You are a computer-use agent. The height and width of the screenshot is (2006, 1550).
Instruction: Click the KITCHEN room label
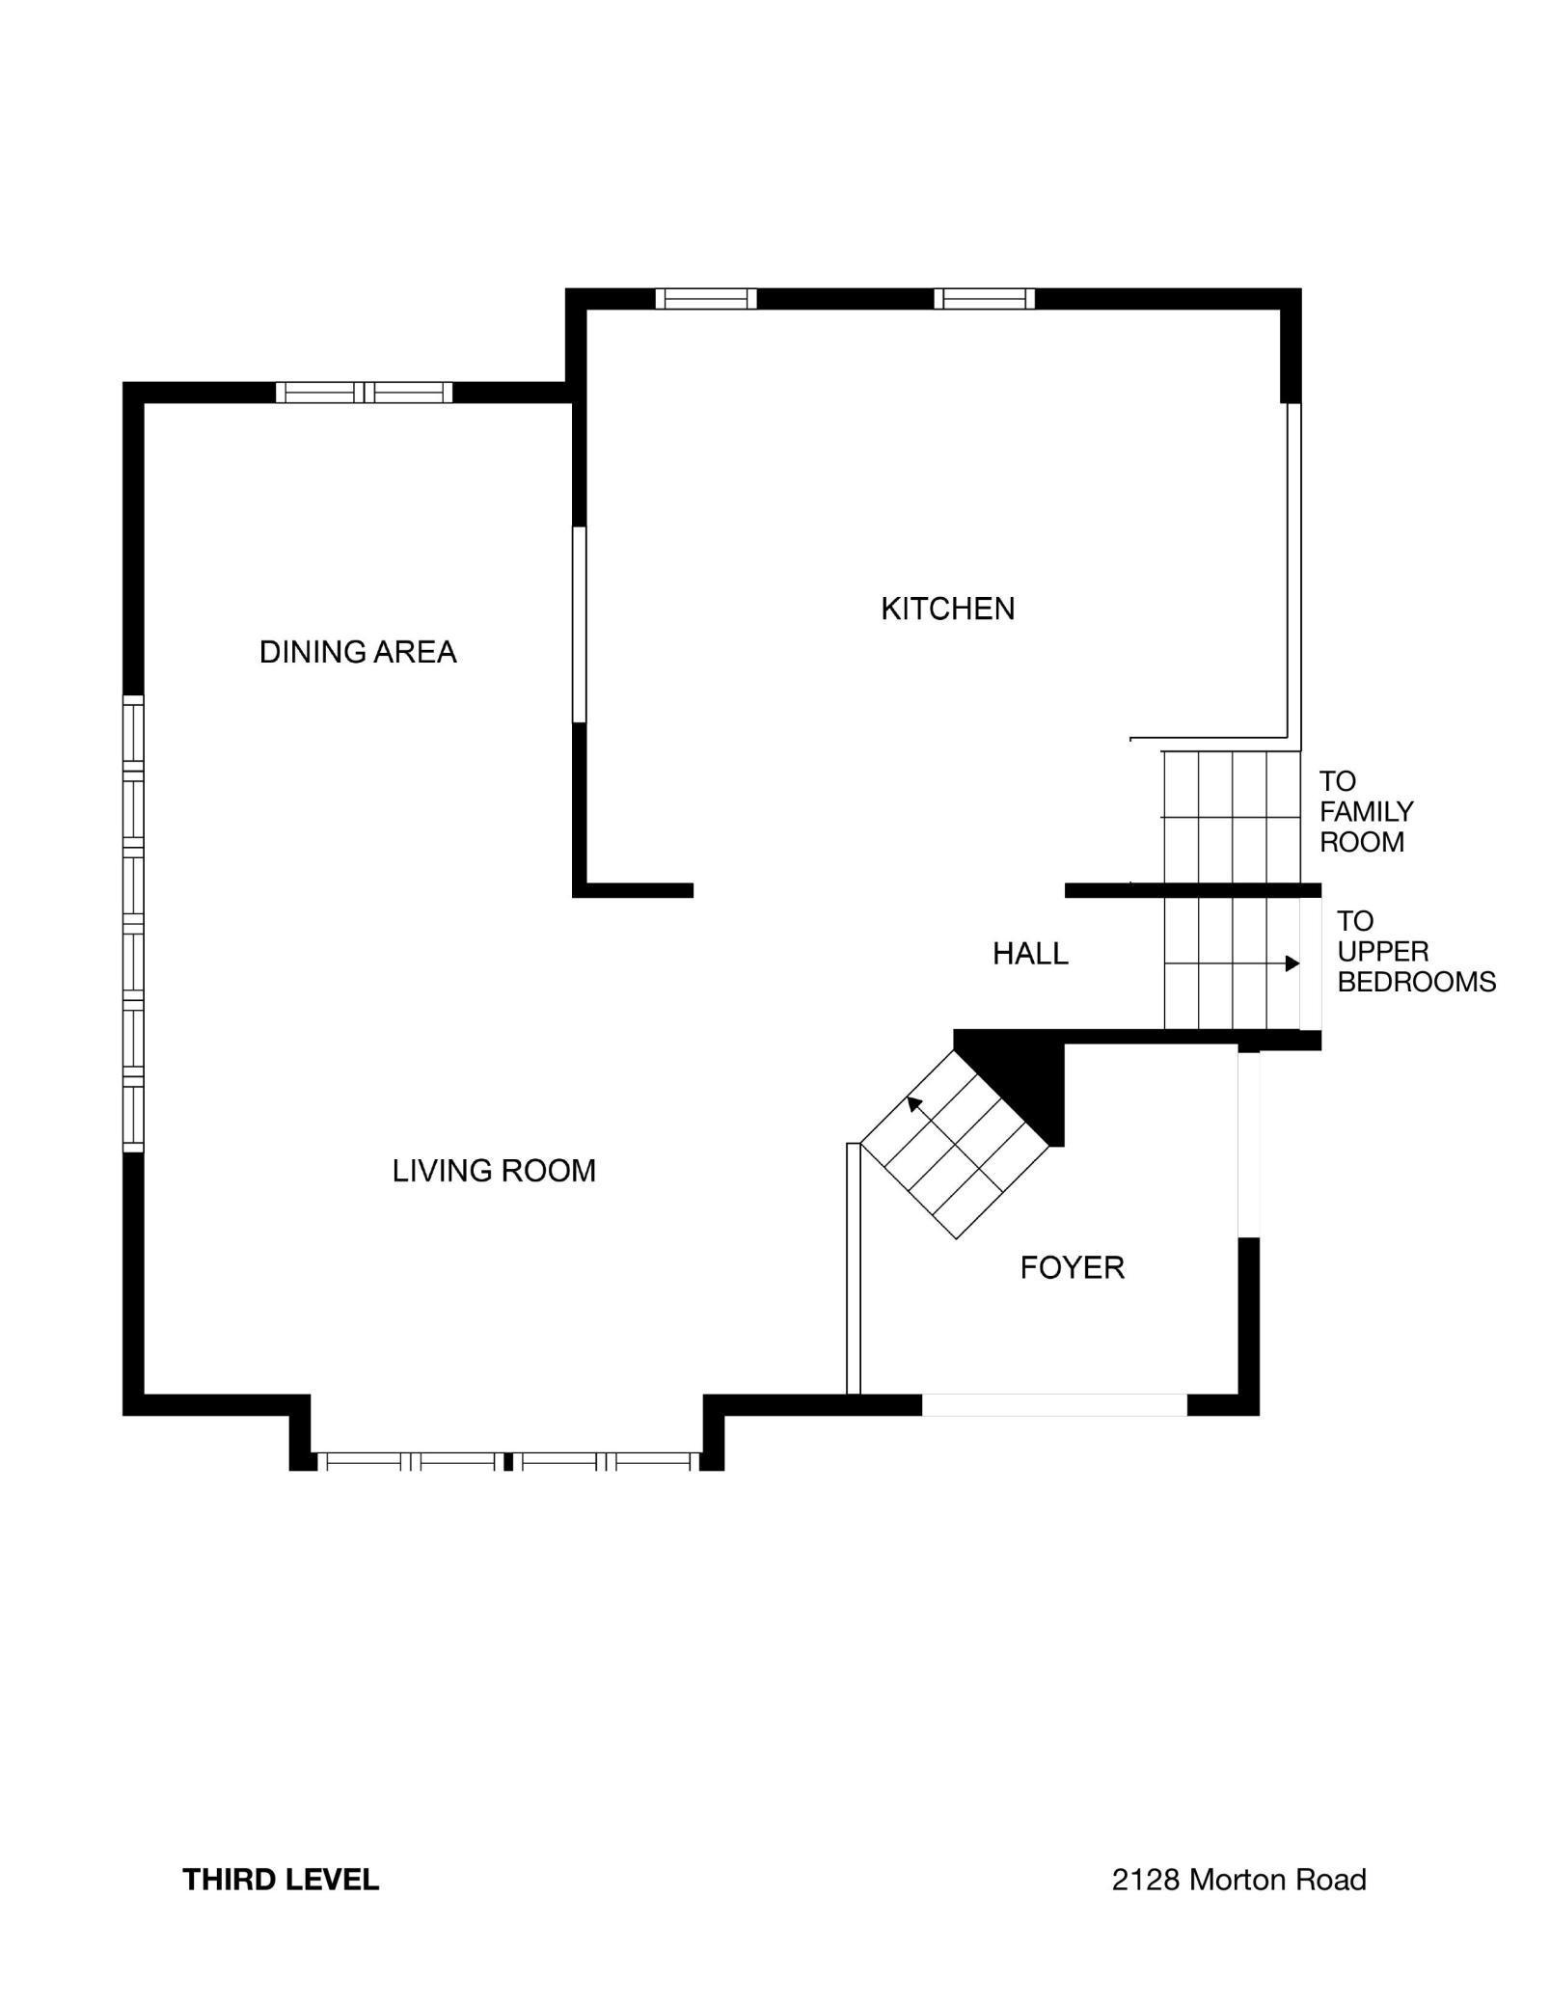point(947,609)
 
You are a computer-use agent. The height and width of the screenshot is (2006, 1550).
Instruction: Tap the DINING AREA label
point(358,652)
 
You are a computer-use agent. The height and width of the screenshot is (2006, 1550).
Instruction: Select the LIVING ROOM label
point(494,1171)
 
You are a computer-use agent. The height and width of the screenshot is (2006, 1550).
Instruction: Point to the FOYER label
point(1072,1267)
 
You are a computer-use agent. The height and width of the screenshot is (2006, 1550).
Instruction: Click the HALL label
point(1030,954)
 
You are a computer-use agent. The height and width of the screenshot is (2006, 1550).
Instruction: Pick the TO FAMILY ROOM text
point(1366,811)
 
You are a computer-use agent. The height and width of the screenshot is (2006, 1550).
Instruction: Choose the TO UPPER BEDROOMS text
point(1416,952)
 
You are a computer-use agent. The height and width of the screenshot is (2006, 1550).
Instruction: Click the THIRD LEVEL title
point(281,1880)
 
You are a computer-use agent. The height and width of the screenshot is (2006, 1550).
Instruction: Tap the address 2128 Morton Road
point(1238,1880)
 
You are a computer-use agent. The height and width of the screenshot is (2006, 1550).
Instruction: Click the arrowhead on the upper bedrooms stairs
point(1292,963)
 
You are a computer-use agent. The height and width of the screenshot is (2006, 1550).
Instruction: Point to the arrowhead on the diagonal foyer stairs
point(913,1103)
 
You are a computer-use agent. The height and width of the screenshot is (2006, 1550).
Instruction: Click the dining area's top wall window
point(364,393)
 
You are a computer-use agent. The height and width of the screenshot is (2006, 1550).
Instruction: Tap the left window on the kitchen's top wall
point(706,299)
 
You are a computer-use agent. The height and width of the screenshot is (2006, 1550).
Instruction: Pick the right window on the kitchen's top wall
point(984,299)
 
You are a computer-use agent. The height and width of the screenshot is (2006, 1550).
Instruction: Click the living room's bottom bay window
point(508,1461)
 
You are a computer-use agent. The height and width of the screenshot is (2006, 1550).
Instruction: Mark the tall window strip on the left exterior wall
point(133,923)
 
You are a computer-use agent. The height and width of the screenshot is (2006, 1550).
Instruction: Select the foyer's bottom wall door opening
point(1054,1405)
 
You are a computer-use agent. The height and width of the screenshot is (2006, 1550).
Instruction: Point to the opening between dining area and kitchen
point(580,624)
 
